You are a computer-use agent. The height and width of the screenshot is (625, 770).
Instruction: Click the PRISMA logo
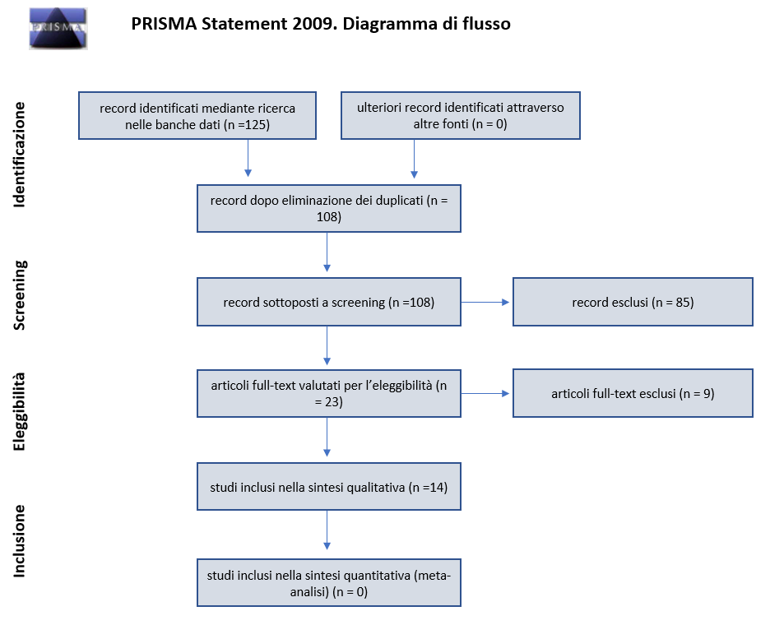pyautogui.click(x=58, y=29)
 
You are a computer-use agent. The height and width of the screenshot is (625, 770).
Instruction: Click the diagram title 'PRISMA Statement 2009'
pyautogui.click(x=234, y=24)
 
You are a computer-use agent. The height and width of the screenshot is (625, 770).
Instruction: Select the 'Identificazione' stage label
pyautogui.click(x=19, y=155)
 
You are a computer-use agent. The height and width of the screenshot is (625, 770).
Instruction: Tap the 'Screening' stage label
pyautogui.click(x=20, y=295)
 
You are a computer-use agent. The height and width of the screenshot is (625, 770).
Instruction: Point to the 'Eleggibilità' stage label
pyautogui.click(x=19, y=411)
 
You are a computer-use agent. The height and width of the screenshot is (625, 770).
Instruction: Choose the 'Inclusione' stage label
pyautogui.click(x=19, y=540)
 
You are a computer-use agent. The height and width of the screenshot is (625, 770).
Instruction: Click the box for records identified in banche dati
pyautogui.click(x=197, y=115)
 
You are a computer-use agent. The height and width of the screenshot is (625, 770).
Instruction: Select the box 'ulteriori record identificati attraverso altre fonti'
pyautogui.click(x=461, y=115)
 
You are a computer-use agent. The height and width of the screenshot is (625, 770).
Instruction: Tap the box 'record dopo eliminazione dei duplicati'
pyautogui.click(x=329, y=208)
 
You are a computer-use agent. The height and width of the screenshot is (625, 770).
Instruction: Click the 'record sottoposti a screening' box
pyautogui.click(x=329, y=302)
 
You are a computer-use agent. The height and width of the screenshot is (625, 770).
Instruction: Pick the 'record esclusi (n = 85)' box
pyautogui.click(x=633, y=302)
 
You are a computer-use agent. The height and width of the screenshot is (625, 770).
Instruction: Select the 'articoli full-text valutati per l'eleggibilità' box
pyautogui.click(x=329, y=393)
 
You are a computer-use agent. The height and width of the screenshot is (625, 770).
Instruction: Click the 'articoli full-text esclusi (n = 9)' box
pyautogui.click(x=633, y=393)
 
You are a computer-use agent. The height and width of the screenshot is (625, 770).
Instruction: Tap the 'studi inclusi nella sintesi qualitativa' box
pyautogui.click(x=329, y=487)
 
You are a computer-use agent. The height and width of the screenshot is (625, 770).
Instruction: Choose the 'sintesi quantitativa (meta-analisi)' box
pyautogui.click(x=329, y=583)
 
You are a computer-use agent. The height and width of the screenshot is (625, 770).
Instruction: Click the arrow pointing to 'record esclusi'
pyautogui.click(x=485, y=302)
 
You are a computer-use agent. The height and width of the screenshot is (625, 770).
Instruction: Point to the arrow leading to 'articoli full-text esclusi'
pyautogui.click(x=485, y=393)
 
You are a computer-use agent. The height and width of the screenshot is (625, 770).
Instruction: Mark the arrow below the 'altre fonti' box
pyautogui.click(x=414, y=159)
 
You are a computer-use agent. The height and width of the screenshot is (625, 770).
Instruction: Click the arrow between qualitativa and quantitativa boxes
pyautogui.click(x=327, y=530)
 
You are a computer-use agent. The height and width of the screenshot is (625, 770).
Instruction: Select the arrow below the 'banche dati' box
pyautogui.click(x=248, y=158)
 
